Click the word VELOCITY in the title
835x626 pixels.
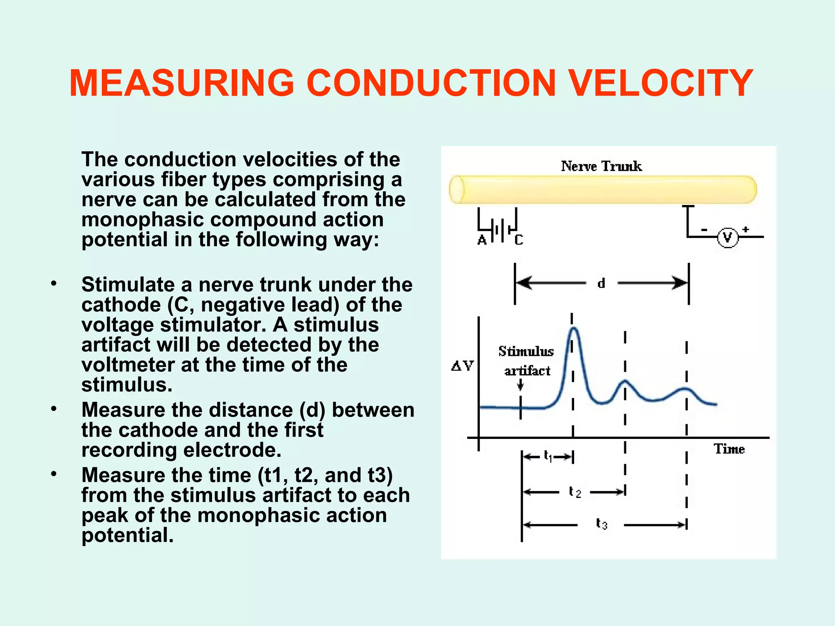coord(660,83)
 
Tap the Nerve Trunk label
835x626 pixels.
coord(601,166)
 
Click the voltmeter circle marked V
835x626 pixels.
coord(727,238)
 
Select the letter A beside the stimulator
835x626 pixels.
coord(482,240)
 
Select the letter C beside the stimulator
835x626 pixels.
coord(519,240)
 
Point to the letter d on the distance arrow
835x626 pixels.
coord(601,283)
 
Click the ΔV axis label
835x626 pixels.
coord(462,366)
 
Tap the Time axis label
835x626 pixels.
coord(729,449)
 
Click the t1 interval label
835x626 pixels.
coord(548,456)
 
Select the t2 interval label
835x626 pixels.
coord(574,492)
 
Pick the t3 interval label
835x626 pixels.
coord(601,524)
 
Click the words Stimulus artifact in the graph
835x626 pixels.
coord(526,361)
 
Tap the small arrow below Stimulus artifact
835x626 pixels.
coord(520,385)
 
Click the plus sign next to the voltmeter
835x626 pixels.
coord(746,229)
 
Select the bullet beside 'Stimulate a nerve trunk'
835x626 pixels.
coord(54,284)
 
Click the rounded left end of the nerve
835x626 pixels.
coord(457,190)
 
